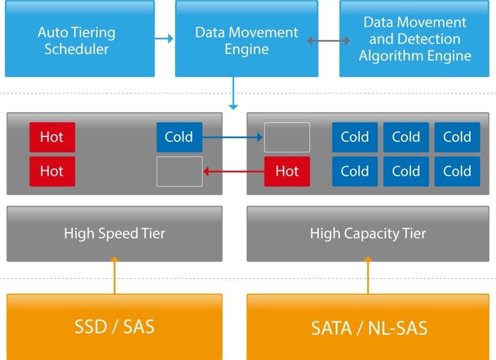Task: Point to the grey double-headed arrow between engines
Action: (328, 41)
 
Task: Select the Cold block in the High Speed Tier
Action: (179, 137)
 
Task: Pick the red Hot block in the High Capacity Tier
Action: (287, 172)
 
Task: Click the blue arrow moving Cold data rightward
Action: (233, 137)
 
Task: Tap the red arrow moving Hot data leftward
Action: (233, 172)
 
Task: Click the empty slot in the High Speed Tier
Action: (179, 172)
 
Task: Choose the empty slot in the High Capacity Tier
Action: (287, 137)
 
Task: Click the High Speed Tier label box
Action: (114, 234)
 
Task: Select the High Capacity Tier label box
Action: (368, 234)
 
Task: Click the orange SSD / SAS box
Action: (114, 327)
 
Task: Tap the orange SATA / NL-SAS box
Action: (369, 327)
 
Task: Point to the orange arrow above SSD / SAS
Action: (115, 275)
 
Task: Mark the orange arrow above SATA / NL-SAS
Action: (368, 275)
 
